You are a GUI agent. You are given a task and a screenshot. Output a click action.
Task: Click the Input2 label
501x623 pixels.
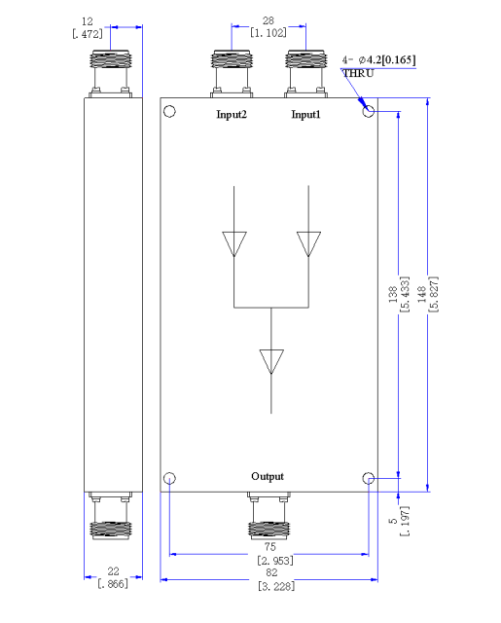pos(232,115)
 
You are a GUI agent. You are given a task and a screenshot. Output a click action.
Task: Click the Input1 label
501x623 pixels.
pos(305,115)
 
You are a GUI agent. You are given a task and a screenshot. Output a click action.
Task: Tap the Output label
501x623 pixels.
pos(268,476)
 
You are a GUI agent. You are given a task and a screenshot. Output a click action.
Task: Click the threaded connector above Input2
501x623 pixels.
pos(232,74)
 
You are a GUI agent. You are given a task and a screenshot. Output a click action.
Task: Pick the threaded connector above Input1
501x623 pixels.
pos(305,74)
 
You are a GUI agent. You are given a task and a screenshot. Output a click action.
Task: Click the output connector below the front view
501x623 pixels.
pos(268,516)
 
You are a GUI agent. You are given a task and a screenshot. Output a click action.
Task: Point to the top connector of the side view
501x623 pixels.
pos(110,74)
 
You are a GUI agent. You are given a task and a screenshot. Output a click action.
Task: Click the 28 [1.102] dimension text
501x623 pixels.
pos(268,26)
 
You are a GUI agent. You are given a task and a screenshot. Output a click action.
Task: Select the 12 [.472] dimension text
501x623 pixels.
pos(88,28)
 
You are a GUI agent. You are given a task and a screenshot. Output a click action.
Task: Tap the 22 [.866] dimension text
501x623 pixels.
pos(113,577)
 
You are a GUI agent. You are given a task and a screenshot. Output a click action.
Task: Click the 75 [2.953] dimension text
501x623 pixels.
pos(274,554)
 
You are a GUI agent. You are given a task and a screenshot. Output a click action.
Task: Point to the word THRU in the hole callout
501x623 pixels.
pos(358,74)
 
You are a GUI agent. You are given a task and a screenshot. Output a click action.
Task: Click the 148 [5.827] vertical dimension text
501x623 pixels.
pos(428,294)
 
